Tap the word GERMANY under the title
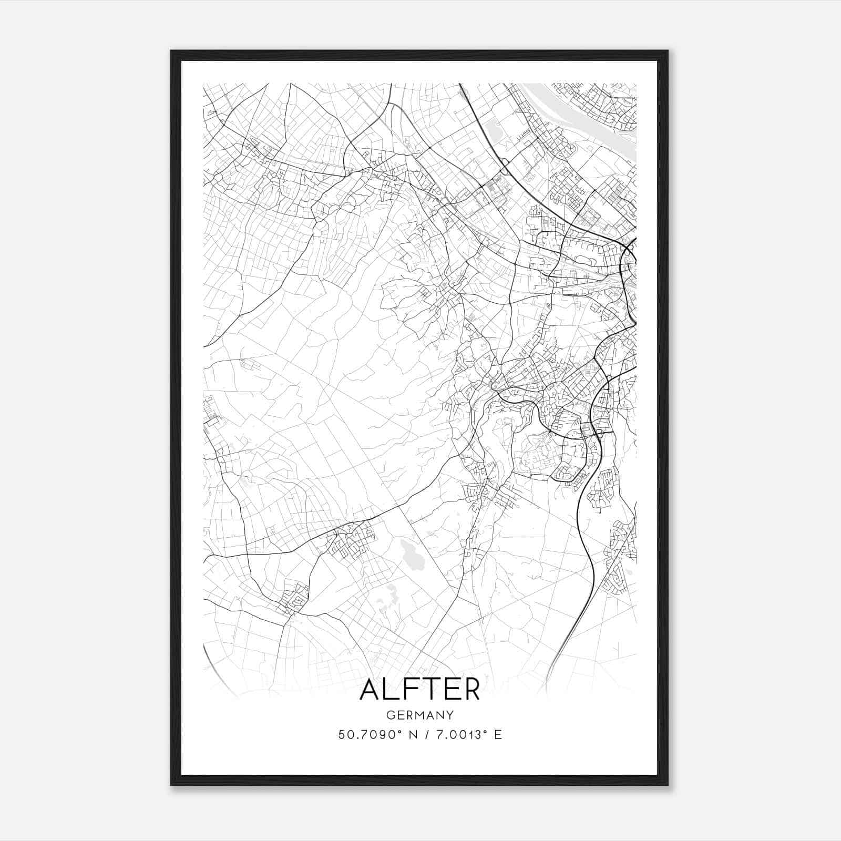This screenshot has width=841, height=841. coord(420,715)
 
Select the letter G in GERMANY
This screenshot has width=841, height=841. coord(389,715)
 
